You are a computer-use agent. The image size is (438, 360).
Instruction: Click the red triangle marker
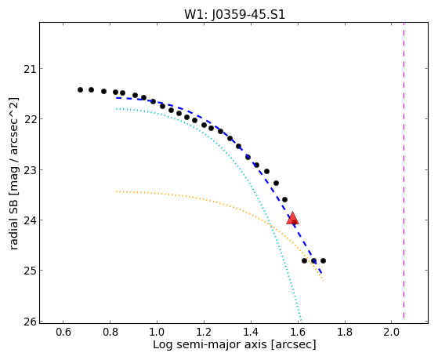tap(292, 218)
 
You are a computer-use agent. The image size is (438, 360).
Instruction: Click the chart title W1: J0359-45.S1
tap(234, 15)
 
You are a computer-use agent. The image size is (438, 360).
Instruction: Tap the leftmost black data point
tap(80, 89)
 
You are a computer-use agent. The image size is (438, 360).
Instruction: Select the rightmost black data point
tap(323, 260)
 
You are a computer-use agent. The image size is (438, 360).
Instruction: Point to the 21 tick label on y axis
tap(30, 68)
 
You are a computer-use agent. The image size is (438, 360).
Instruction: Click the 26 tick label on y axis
tap(30, 322)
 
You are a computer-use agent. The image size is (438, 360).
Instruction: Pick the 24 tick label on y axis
tap(30, 220)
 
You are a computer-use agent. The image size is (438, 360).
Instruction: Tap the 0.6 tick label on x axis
tap(63, 332)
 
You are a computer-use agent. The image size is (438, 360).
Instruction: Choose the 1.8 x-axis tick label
tap(345, 332)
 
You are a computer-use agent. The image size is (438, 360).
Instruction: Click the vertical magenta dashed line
tap(404, 170)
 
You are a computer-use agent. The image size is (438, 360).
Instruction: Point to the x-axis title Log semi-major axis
tap(210, 344)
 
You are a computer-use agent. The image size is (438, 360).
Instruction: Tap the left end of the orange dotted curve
tap(117, 191)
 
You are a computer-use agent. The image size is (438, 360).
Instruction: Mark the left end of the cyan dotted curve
tap(117, 108)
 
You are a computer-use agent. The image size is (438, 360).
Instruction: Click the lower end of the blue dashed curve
tap(321, 273)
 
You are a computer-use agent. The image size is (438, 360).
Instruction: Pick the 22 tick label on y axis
tap(30, 119)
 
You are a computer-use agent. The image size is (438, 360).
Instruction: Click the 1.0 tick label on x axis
tap(157, 332)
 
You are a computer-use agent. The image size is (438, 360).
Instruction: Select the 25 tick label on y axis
tap(30, 271)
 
